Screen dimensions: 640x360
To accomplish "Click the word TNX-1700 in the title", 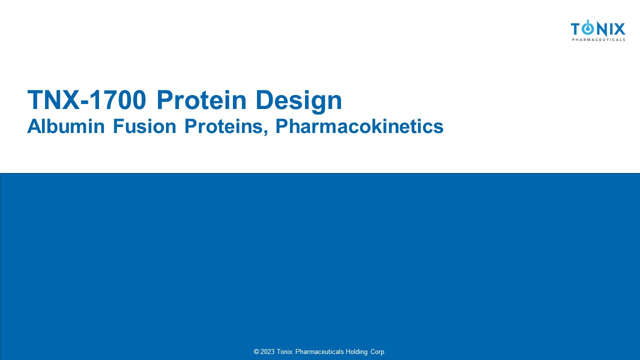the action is point(86,99).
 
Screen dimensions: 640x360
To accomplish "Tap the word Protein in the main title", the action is point(201,99).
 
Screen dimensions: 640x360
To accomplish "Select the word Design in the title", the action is point(298,101).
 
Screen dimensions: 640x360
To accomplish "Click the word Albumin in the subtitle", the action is point(66,126).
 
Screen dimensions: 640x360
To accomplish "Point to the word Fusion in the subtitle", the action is point(144,126).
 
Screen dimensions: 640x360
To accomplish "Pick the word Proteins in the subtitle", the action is point(223,126).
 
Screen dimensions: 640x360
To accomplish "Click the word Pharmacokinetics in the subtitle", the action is point(359,126).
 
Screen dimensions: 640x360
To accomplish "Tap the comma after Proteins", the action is point(266,132).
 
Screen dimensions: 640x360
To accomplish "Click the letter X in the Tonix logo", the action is point(619,29).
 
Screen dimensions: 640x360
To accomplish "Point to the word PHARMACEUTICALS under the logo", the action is point(598,39).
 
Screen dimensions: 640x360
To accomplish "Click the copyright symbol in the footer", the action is point(256,351).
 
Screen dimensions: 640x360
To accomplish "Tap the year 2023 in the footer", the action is point(267,351).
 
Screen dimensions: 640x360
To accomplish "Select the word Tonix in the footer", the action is point(284,351).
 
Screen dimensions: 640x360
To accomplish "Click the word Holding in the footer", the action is point(356,352).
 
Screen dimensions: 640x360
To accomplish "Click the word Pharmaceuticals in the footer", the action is point(319,351).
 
